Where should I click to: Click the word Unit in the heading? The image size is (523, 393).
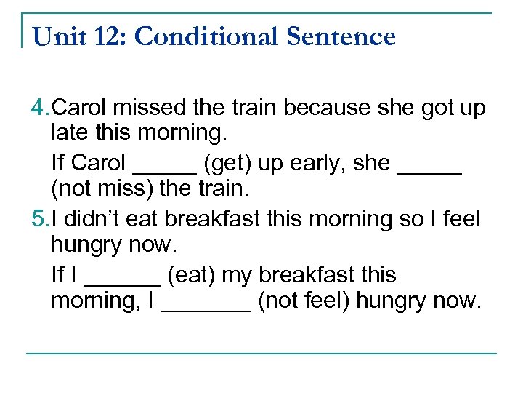click(x=60, y=36)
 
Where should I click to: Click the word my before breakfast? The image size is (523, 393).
click(x=237, y=275)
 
